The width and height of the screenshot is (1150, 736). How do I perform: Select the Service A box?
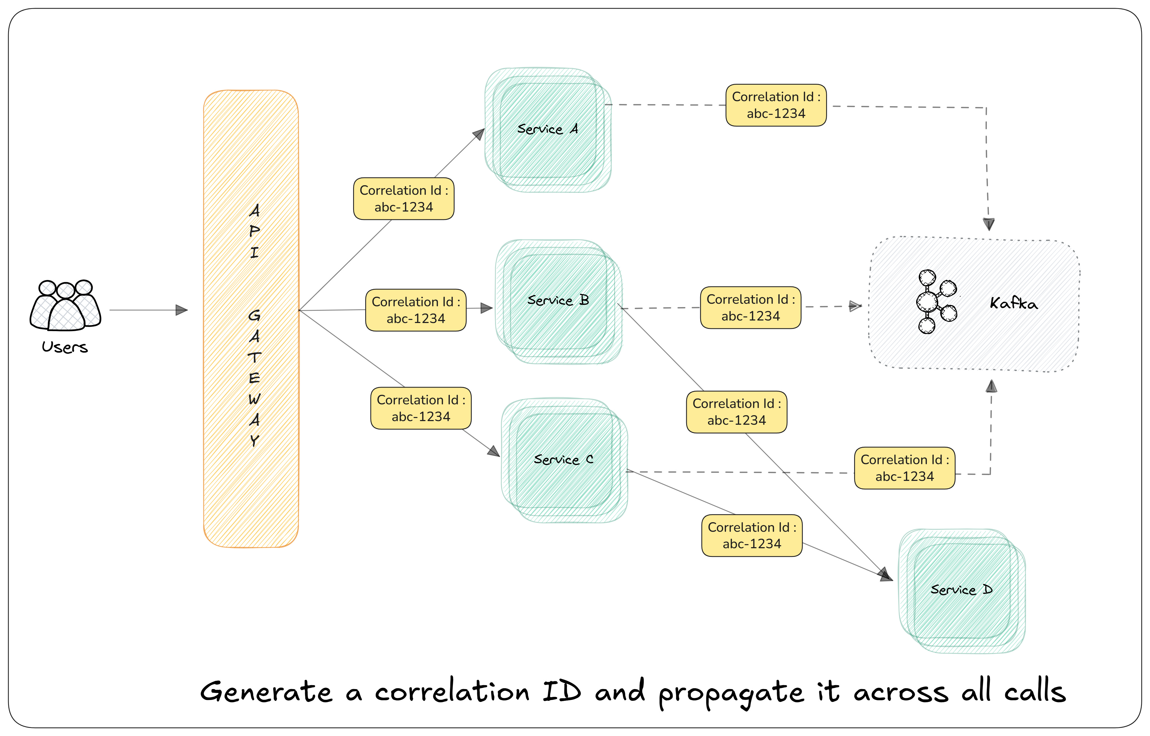(548, 130)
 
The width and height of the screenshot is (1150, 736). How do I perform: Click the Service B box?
(558, 301)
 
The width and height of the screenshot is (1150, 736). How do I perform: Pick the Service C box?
(564, 460)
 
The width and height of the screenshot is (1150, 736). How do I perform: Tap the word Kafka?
(1013, 303)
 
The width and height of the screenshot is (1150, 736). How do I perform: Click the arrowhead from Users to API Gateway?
(182, 310)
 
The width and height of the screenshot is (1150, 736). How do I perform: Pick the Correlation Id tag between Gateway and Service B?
(416, 310)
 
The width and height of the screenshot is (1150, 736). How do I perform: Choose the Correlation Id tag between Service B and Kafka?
(750, 308)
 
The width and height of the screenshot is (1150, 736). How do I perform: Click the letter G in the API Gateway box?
(254, 315)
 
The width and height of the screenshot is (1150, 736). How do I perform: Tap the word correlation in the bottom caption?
(452, 692)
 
